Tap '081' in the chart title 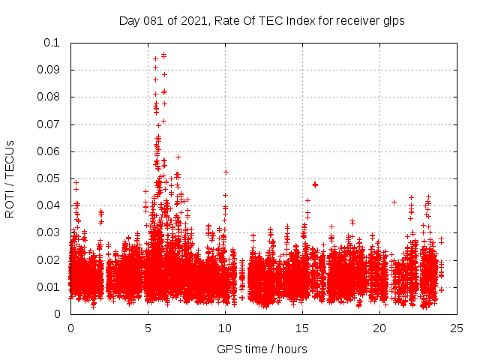pos(153,21)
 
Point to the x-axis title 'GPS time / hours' pos(262,349)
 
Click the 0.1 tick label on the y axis pos(52,43)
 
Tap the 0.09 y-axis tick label pos(49,70)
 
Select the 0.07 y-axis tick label pos(49,124)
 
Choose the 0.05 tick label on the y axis pos(49,178)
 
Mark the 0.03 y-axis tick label pos(49,232)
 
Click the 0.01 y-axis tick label pos(49,287)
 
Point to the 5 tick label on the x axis pos(148,328)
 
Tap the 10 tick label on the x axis pos(225,328)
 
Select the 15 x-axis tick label pos(302,328)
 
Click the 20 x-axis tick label pos(379,328)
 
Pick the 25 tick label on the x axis pos(457,328)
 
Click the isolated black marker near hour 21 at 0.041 pos(394,202)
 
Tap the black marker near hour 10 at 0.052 pos(226,172)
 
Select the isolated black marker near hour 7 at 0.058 pos(178,157)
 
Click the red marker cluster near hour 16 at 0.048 pos(315,184)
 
